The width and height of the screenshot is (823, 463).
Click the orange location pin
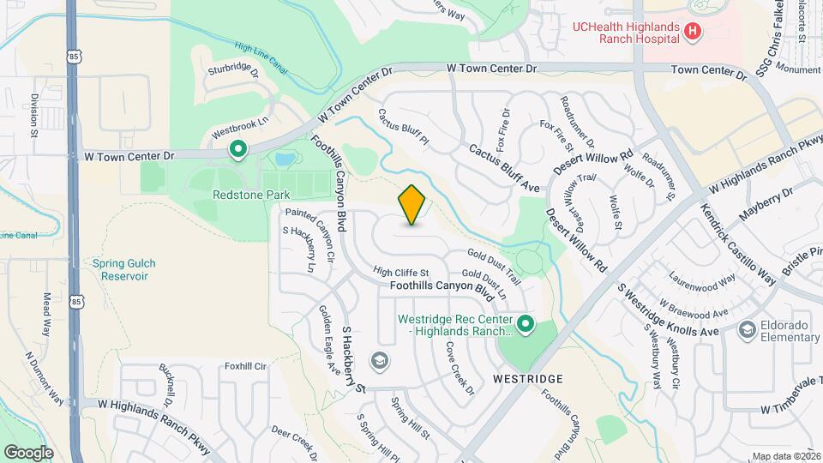(412, 205)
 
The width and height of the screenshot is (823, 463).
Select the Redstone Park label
(252, 195)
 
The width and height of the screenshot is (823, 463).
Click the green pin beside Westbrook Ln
(237, 150)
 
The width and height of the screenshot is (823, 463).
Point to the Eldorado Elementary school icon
(747, 329)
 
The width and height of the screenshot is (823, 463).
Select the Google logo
(28, 452)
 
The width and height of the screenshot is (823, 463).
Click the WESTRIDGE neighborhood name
(528, 378)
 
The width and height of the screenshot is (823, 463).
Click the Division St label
(35, 117)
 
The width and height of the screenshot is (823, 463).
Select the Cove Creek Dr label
(460, 368)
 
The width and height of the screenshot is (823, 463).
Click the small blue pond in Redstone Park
(284, 159)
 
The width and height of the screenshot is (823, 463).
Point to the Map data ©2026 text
(785, 456)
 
